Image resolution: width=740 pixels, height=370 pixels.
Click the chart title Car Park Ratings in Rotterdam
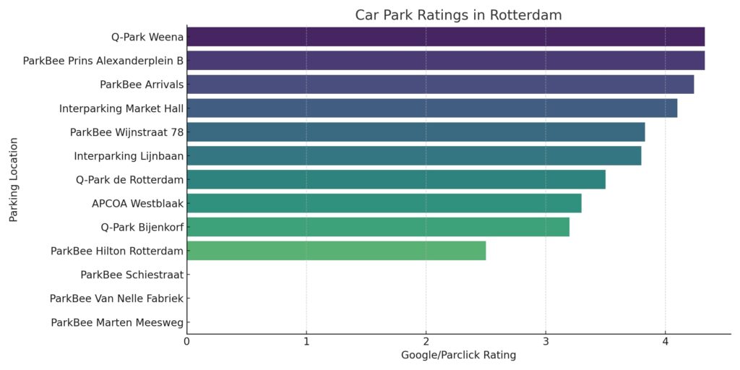[458, 15]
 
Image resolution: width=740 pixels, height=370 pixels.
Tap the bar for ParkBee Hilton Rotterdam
[336, 251]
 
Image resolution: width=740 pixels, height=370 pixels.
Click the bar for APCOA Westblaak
[384, 203]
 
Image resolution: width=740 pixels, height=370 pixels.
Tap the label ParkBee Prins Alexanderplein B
[103, 61]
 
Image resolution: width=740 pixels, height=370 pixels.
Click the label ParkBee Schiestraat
[132, 275]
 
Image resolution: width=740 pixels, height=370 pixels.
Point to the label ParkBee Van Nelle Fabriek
[116, 298]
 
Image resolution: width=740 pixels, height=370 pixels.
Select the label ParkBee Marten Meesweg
[117, 322]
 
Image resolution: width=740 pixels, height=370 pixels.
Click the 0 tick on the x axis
[187, 341]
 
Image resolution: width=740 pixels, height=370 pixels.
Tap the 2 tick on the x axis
[426, 341]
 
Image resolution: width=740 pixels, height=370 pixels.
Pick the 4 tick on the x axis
[665, 341]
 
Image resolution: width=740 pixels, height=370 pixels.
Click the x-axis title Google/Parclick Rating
[458, 356]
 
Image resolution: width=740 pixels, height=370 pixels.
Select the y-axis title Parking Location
[14, 179]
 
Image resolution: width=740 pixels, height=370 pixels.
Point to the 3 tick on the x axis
[546, 341]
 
